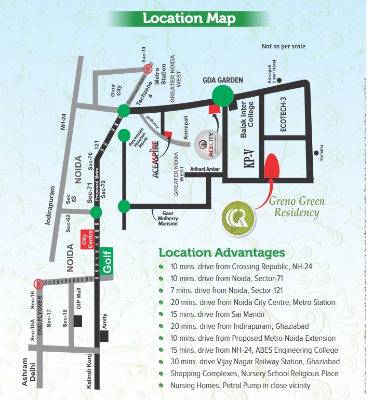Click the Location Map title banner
pos(189,19)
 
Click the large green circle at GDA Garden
pos(223,96)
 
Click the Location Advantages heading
pos(222,253)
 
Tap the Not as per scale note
pos(284,47)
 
